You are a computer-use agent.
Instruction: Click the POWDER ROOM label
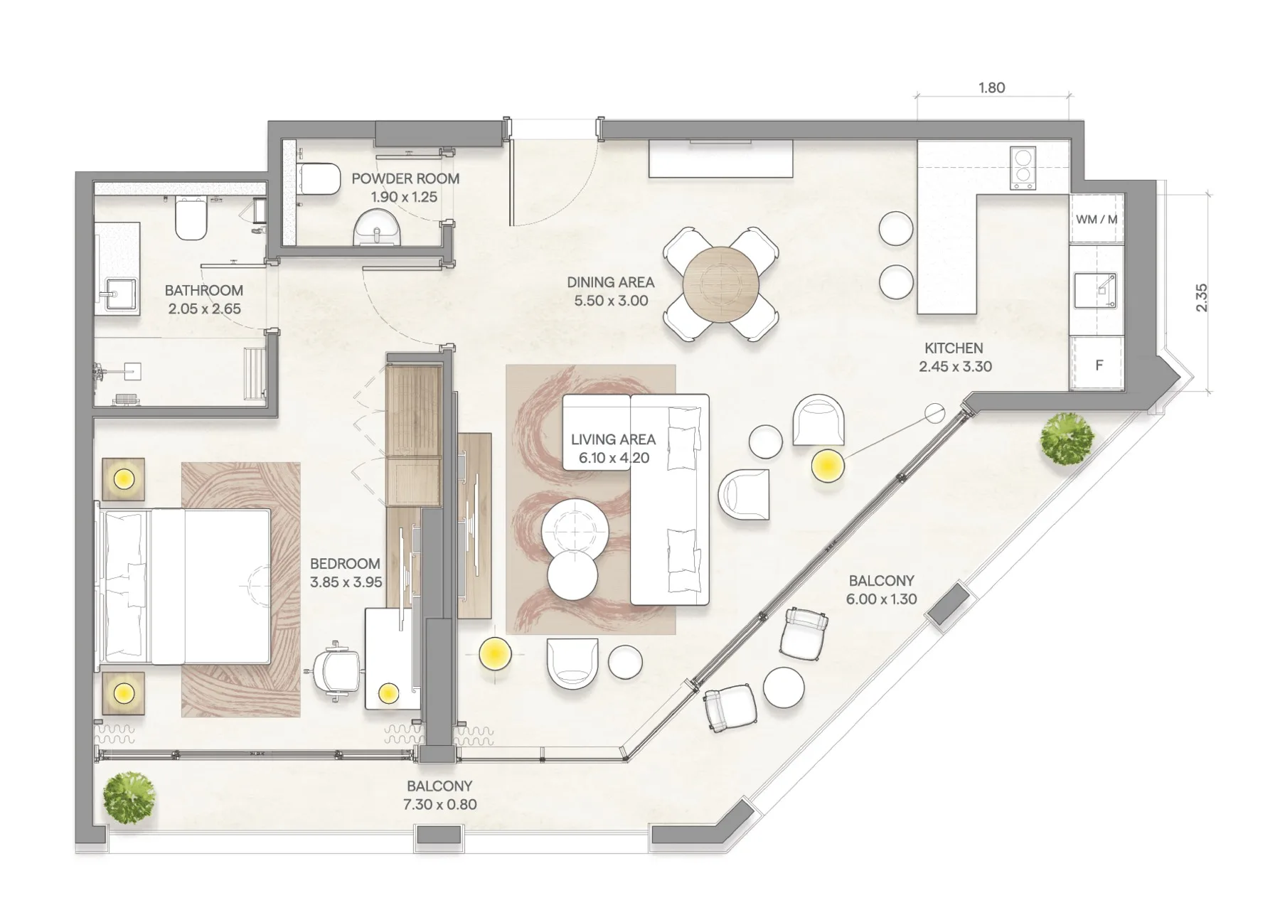[405, 178]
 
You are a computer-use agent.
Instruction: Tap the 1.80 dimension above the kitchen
[991, 88]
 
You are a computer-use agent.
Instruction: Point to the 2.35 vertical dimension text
[1201, 298]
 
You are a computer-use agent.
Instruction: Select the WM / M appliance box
[1097, 219]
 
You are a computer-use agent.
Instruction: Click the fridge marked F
[1097, 364]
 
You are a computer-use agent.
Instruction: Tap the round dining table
[721, 284]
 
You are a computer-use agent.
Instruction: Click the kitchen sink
[1095, 290]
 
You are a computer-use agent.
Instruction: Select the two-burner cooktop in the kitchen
[1023, 169]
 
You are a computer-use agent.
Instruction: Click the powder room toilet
[319, 178]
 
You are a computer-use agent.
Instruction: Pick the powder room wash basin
[376, 227]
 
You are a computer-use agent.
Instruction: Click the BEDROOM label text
[345, 564]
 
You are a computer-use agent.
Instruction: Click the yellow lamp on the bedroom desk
[388, 692]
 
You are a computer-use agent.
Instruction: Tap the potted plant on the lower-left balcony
[129, 798]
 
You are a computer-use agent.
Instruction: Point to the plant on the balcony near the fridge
[1067, 439]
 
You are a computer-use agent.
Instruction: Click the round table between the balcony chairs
[784, 687]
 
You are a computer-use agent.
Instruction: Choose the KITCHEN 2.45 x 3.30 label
[954, 358]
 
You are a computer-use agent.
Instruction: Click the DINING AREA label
[611, 282]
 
